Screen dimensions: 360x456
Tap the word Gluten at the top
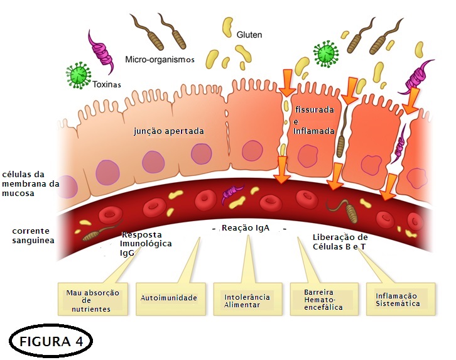pyautogui.click(x=249, y=35)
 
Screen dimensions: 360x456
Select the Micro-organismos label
pyautogui.click(x=160, y=59)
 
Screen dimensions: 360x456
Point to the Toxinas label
pyautogui.click(x=106, y=84)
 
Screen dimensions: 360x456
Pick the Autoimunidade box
pyautogui.click(x=168, y=298)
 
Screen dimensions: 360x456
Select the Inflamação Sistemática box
pyautogui.click(x=397, y=299)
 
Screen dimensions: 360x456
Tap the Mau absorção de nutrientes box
pyautogui.click(x=97, y=300)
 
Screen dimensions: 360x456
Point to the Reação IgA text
pyautogui.click(x=246, y=228)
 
